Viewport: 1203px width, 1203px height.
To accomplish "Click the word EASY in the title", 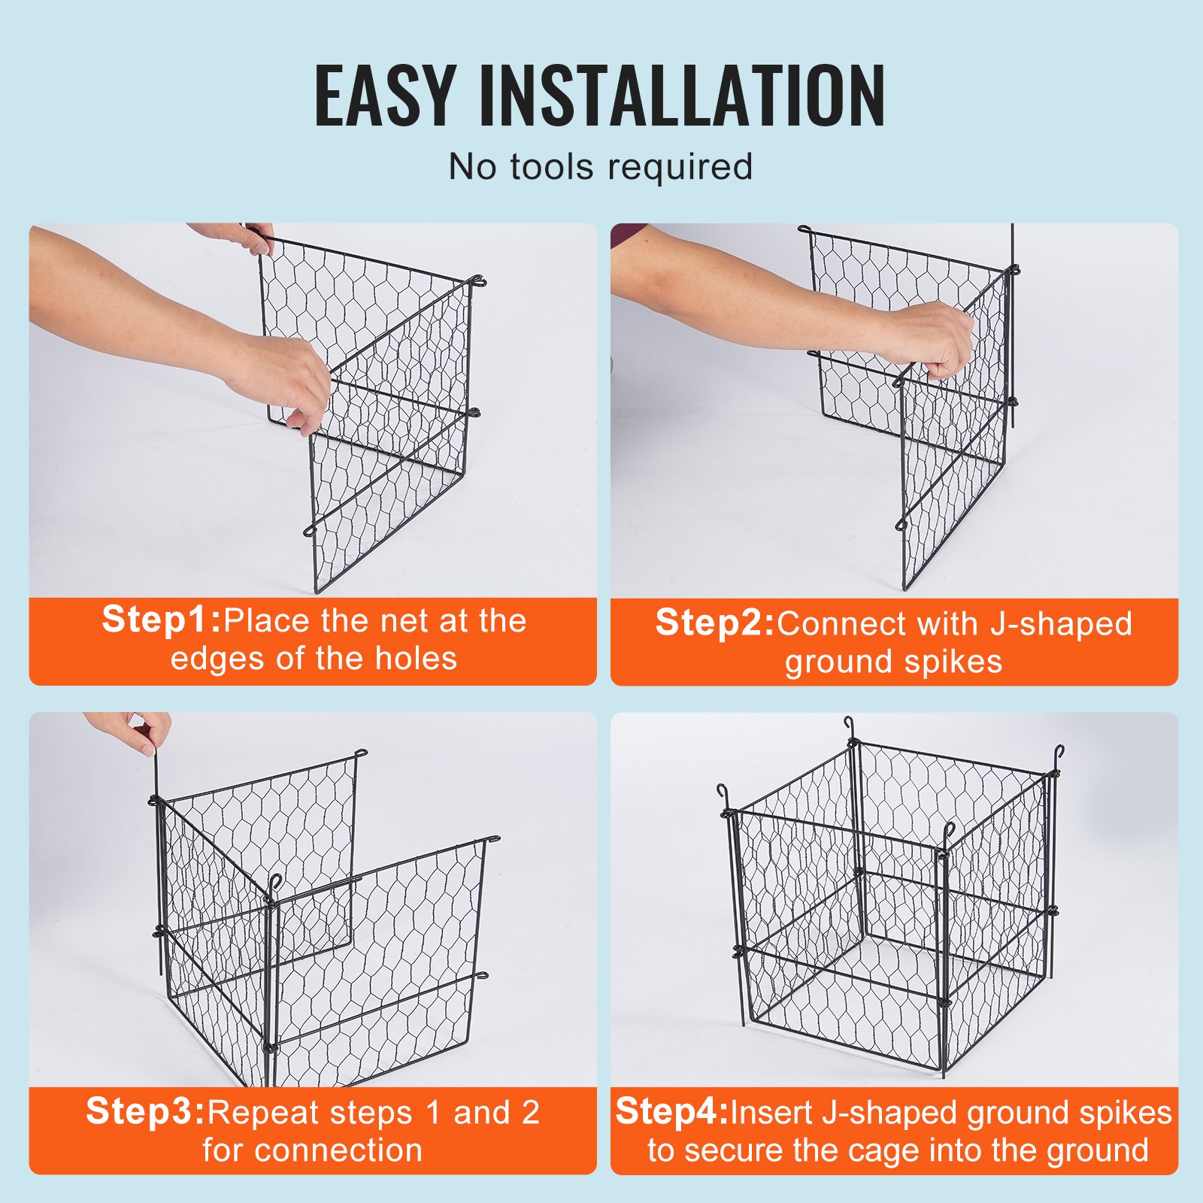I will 384,95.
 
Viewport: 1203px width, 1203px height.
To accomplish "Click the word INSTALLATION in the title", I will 682,95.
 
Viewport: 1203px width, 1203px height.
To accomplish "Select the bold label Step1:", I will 162,620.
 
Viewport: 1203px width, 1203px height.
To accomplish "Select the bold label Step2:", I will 714,623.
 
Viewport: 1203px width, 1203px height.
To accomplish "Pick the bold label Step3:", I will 145,1112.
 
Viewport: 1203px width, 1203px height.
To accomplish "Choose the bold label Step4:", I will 671,1112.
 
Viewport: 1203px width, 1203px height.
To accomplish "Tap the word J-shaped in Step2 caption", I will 1061,625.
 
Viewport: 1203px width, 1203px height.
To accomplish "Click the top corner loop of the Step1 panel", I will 477,282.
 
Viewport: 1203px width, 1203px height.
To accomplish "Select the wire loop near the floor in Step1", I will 309,531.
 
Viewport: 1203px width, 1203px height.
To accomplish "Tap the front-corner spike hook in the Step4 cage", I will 949,831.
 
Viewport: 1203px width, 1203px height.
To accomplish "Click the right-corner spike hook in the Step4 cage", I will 1059,752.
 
